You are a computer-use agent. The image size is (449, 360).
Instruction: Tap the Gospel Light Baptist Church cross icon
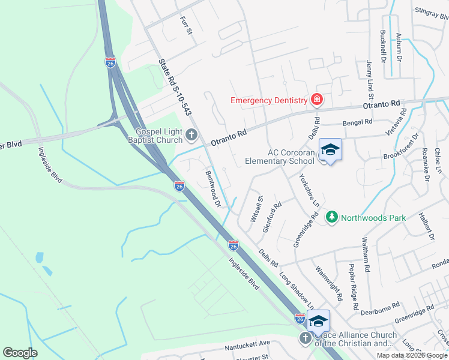191,135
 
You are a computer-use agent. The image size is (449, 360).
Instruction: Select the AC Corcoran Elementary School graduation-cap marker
330,149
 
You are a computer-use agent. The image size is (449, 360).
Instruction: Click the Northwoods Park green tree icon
331,217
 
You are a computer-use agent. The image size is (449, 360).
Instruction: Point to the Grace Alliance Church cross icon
304,338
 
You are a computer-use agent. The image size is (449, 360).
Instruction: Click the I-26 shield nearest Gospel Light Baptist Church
179,186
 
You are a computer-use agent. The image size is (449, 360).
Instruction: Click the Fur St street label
185,25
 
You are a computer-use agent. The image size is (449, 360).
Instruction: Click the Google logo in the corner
20,352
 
